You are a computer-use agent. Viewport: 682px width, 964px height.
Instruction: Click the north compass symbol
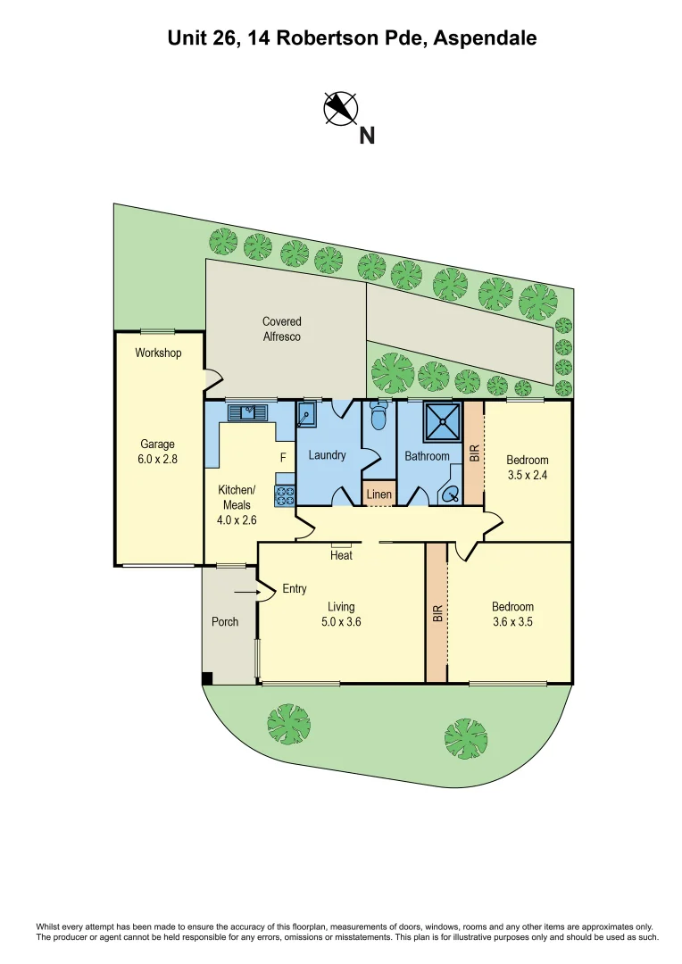[x=340, y=108]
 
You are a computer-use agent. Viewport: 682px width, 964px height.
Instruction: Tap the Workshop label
[x=158, y=353]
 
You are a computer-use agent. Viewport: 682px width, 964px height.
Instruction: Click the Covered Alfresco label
[x=281, y=328]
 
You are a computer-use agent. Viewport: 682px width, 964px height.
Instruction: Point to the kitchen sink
[x=247, y=412]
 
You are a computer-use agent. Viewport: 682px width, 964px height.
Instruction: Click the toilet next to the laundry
[x=378, y=415]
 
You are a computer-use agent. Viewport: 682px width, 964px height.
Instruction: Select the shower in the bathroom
[x=443, y=420]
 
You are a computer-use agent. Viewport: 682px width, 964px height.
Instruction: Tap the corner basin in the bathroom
[x=450, y=493]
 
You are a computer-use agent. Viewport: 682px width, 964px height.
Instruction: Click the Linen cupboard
[x=378, y=494]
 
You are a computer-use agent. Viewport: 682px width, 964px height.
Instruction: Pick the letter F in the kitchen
[x=283, y=457]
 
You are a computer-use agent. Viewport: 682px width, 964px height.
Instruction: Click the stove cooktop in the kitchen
[x=285, y=496]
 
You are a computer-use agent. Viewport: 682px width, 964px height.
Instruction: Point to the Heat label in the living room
[x=341, y=555]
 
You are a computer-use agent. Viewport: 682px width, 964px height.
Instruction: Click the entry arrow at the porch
[x=245, y=591]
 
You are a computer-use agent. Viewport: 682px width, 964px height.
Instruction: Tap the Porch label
[x=225, y=621]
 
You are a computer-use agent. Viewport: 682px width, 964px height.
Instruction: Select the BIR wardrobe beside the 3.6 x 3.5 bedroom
[x=437, y=613]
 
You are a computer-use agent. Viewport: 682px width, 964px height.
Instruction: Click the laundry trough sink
[x=307, y=414]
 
